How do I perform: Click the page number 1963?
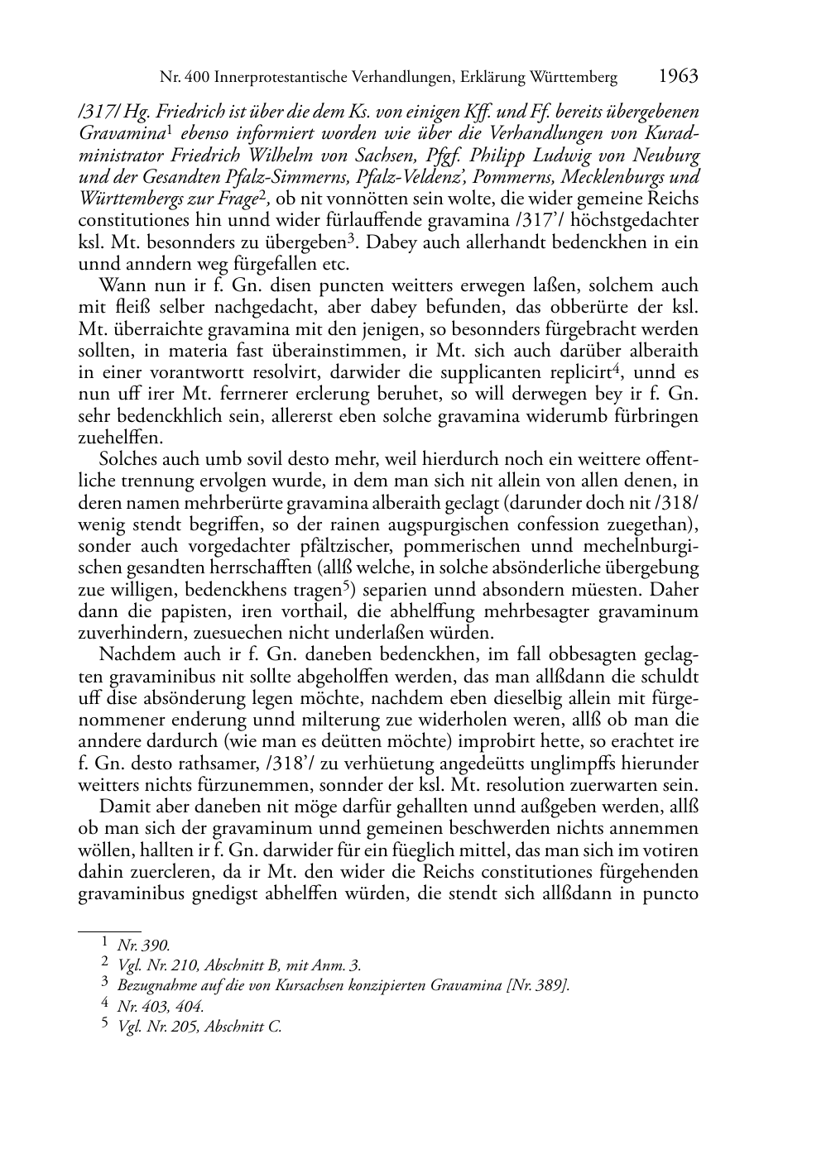[x=678, y=77]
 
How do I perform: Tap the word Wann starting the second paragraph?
[x=121, y=285]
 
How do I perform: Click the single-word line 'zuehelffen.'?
[x=117, y=438]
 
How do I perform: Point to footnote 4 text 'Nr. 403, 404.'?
[x=161, y=1006]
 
